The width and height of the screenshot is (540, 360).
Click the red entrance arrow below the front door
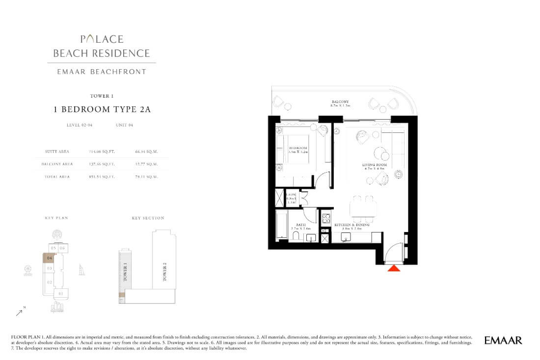[x=394, y=268]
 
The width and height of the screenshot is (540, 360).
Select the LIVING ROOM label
[x=375, y=165]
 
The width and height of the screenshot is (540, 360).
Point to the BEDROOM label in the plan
[x=297, y=148]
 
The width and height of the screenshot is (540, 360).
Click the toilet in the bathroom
[x=296, y=236]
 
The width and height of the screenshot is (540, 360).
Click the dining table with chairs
[x=363, y=208]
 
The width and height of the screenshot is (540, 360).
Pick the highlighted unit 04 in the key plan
[x=49, y=257]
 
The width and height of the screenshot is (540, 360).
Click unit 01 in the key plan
[x=61, y=294]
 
